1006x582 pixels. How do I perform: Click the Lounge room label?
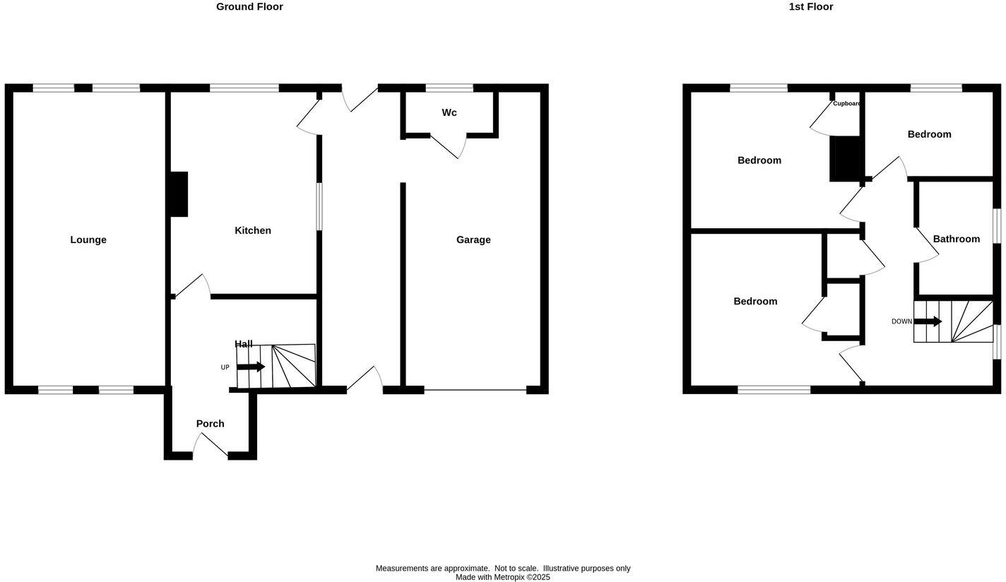click(88, 240)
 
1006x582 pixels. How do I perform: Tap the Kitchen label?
click(253, 231)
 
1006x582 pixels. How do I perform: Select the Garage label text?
click(473, 240)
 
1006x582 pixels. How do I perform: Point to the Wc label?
click(449, 113)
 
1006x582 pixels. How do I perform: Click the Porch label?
click(210, 424)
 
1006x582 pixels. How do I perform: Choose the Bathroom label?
click(957, 239)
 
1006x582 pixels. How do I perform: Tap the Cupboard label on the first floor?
click(846, 104)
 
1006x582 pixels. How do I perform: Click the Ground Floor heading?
click(249, 7)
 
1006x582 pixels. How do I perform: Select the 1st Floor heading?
click(811, 7)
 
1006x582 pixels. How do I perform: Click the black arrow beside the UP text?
click(251, 367)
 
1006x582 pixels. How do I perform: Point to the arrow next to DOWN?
click(928, 321)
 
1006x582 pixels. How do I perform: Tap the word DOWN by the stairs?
click(901, 321)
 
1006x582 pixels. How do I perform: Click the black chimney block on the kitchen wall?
click(179, 194)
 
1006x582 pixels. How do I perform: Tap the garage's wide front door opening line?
click(475, 390)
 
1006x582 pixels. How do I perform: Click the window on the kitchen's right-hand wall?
click(319, 206)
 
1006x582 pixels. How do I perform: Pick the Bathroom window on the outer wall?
click(997, 226)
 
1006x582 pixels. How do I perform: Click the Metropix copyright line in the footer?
click(502, 577)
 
